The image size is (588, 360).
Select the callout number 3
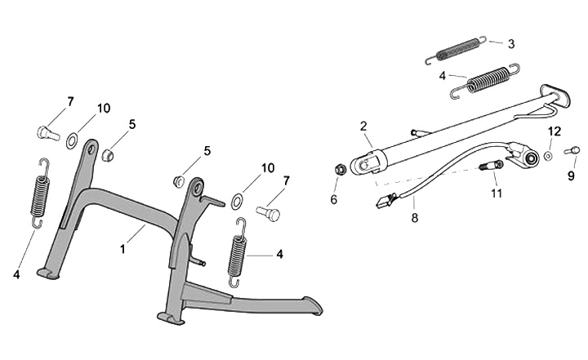[510, 44]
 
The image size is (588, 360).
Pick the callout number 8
[415, 219]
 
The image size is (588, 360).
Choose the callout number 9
[571, 175]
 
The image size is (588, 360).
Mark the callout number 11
[495, 194]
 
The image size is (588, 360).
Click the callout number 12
[554, 131]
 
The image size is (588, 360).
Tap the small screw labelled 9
[572, 149]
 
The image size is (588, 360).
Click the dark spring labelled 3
[457, 51]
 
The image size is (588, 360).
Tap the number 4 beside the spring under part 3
[442, 75]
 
